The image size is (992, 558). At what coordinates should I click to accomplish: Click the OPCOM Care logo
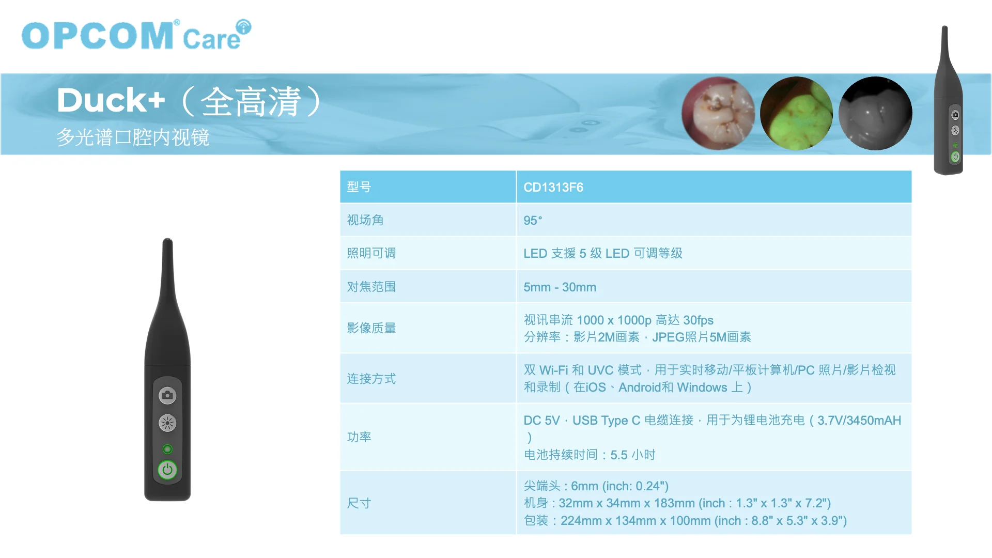(136, 35)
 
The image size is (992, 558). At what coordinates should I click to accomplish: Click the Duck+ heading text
(111, 100)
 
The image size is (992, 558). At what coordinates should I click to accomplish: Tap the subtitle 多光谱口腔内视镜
(133, 137)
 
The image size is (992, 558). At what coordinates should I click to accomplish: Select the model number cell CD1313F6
(553, 188)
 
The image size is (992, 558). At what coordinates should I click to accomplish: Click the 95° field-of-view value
(533, 221)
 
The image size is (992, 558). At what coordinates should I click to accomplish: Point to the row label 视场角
(365, 220)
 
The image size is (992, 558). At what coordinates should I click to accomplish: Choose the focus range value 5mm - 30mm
(560, 287)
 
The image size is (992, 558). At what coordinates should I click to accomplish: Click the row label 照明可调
(371, 253)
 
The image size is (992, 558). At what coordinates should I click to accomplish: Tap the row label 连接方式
(371, 379)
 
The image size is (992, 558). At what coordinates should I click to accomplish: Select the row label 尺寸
(359, 503)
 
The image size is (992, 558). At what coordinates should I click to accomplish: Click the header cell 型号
(359, 187)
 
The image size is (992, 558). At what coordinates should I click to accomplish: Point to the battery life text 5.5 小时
(633, 455)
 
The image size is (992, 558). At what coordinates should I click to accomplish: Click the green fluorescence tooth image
(797, 113)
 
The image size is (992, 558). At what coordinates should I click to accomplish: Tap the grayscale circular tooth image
(875, 113)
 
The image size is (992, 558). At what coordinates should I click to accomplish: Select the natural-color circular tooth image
(718, 113)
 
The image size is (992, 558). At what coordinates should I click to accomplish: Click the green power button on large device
(167, 470)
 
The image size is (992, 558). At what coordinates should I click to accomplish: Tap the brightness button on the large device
(167, 423)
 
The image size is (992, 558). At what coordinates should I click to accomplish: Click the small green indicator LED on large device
(167, 449)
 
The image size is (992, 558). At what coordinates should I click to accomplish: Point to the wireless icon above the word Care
(243, 27)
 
